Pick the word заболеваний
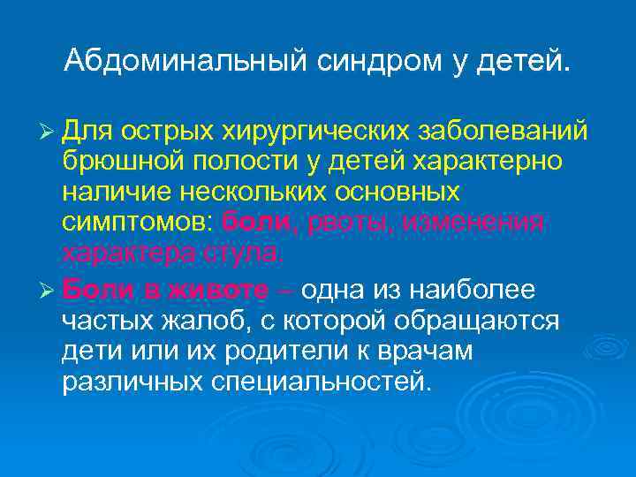(502, 132)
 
